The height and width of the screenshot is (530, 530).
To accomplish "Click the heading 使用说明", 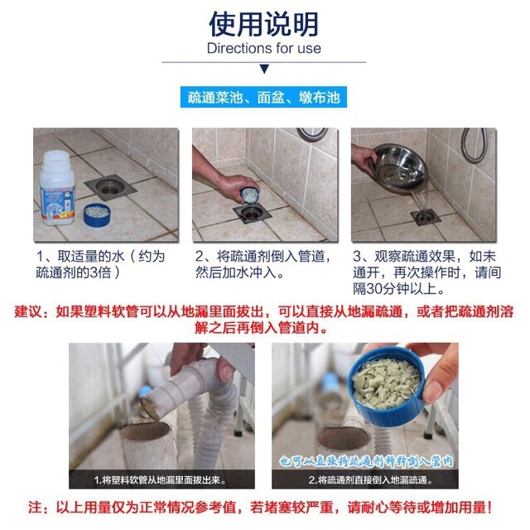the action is [264, 24].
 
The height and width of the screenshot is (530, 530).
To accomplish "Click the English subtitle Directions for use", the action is [264, 48].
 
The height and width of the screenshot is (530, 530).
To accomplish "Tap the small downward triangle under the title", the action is [264, 69].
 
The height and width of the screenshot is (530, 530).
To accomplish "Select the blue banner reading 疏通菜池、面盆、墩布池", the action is [263, 98].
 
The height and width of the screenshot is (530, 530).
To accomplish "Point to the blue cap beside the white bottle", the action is [97, 214].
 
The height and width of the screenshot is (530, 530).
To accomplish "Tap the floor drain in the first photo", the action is [110, 187].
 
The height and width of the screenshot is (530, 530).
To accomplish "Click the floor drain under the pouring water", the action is [426, 217].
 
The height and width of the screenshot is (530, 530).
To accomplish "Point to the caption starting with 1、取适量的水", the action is [100, 264].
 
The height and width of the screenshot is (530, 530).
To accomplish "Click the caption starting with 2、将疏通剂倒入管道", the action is [263, 264].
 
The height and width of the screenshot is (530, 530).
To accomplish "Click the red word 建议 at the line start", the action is [28, 311].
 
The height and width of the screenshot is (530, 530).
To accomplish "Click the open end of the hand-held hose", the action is [151, 408].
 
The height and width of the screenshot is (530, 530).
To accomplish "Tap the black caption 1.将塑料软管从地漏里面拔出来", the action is [160, 479].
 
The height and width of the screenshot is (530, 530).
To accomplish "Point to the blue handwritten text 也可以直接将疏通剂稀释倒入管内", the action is [366, 461].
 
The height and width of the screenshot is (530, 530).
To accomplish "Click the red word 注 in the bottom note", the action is [35, 508].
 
